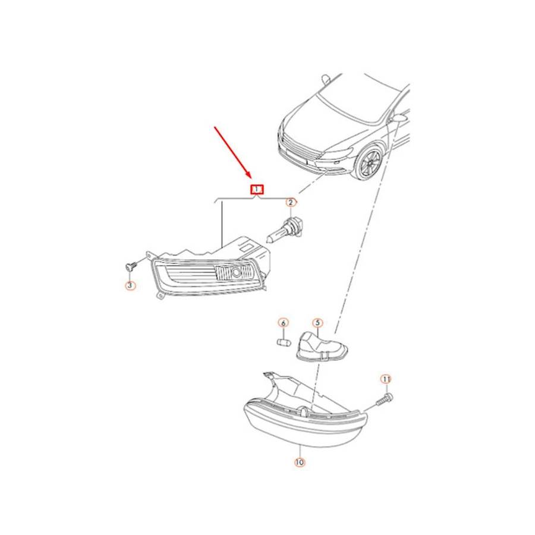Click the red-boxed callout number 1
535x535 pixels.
coord(257,189)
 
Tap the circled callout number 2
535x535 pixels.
coord(290,203)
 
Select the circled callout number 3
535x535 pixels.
coord(130,285)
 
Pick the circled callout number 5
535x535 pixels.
coord(317,323)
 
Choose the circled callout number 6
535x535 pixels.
coord(283,322)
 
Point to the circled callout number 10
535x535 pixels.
coord(299,462)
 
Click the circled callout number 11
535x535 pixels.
coord(386,379)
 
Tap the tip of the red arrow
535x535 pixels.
coord(251,179)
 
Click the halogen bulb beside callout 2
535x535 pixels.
coord(281,230)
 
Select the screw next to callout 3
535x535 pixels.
coord(131,265)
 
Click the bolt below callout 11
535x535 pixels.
coord(385,399)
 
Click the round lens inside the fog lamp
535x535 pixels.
coord(235,272)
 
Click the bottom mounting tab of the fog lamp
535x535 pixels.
coord(160,295)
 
